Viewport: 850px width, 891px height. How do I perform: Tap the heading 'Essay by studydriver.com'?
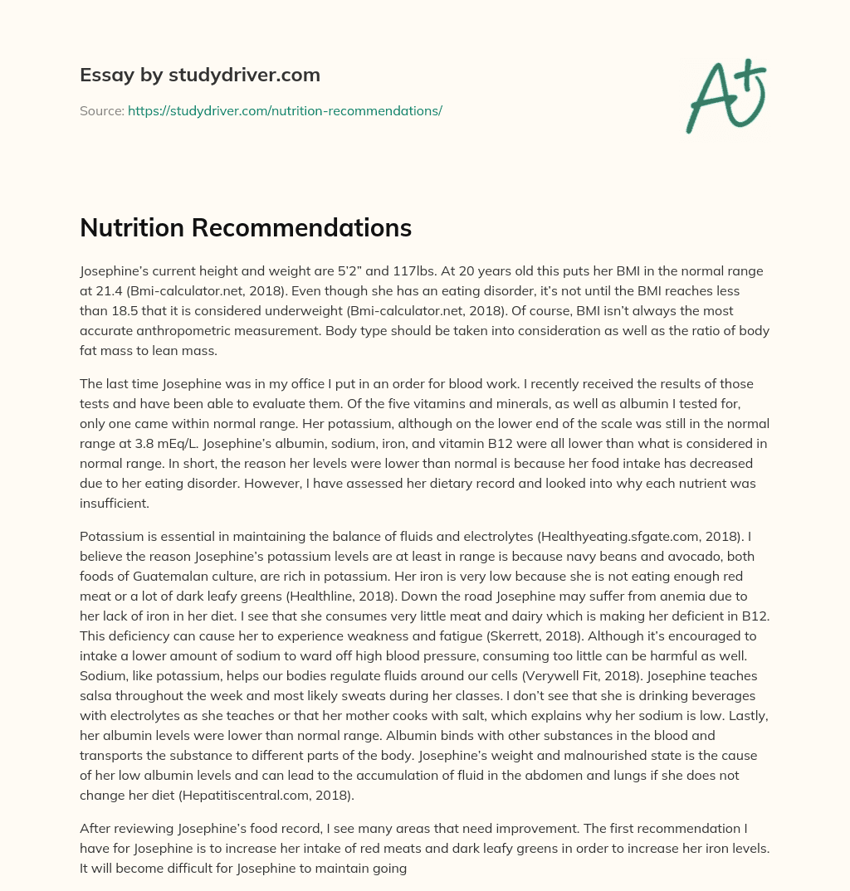[x=199, y=75]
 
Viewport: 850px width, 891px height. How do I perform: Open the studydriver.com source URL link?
[x=285, y=110]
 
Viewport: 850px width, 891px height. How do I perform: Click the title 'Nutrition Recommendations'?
[x=246, y=227]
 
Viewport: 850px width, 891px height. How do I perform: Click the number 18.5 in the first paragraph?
[x=138, y=310]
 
